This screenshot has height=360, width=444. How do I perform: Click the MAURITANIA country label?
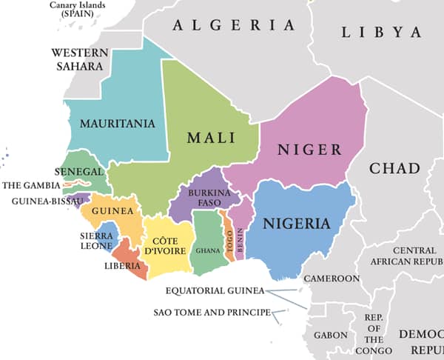[118, 123]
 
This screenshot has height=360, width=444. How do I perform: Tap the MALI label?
[211, 138]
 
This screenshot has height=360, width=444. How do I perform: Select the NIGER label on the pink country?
[309, 150]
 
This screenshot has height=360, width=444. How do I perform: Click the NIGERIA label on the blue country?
[297, 223]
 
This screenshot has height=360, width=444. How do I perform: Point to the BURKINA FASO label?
[203, 197]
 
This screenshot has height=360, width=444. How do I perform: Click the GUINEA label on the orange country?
[112, 211]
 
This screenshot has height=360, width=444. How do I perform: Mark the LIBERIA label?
[122, 266]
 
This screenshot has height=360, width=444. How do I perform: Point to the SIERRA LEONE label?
[96, 241]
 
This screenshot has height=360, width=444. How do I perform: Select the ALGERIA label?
[233, 25]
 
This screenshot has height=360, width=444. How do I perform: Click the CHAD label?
[394, 168]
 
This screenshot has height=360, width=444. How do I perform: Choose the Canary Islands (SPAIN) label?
[75, 9]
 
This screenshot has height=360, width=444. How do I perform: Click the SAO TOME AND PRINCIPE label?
[212, 313]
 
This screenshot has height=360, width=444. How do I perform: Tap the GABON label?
[330, 335]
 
